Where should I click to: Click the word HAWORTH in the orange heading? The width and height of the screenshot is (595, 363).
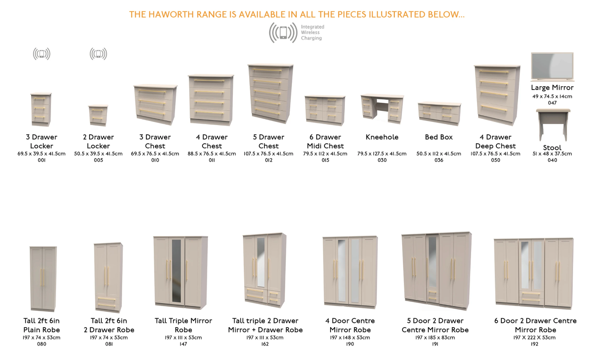pyautogui.click(x=171, y=14)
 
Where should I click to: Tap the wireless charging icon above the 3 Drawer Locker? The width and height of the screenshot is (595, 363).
pyautogui.click(x=42, y=54)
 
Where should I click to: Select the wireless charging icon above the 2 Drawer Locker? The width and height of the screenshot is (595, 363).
pyautogui.click(x=98, y=54)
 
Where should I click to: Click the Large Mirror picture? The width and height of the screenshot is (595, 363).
pyautogui.click(x=552, y=67)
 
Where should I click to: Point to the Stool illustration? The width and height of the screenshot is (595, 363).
pyautogui.click(x=553, y=125)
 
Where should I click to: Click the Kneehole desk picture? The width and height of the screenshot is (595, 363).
pyautogui.click(x=382, y=108)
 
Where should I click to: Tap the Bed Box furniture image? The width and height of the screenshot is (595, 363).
pyautogui.click(x=439, y=113)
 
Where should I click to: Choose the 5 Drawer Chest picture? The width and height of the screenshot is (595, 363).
pyautogui.click(x=270, y=94)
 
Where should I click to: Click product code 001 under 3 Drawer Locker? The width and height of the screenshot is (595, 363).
pyautogui.click(x=42, y=160)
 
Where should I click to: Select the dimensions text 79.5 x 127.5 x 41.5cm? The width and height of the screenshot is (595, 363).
pyautogui.click(x=382, y=154)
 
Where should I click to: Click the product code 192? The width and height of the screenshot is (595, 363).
pyautogui.click(x=534, y=344)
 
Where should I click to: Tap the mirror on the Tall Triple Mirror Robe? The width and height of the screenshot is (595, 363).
pyautogui.click(x=176, y=271)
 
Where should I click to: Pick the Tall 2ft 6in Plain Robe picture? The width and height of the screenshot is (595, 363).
pyautogui.click(x=43, y=279)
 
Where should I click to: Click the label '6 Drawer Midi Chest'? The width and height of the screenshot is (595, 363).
pyautogui.click(x=326, y=142)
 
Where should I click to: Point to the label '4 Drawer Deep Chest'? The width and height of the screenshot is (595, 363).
pyautogui.click(x=496, y=142)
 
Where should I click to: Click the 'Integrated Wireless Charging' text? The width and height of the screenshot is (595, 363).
pyautogui.click(x=313, y=33)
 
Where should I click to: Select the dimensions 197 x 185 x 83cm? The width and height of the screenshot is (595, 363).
pyautogui.click(x=435, y=338)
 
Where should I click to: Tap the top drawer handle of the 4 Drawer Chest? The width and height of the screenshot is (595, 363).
pyautogui.click(x=209, y=81)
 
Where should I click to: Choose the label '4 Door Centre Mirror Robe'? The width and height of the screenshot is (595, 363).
pyautogui.click(x=350, y=325)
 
